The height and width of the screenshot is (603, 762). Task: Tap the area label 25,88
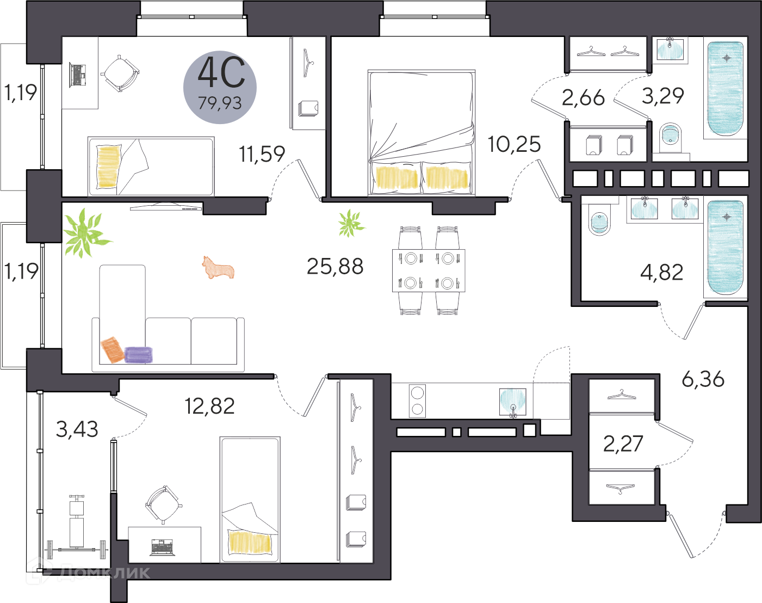(335, 266)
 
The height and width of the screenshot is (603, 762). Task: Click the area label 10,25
(514, 144)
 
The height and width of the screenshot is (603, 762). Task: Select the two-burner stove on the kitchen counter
(417, 401)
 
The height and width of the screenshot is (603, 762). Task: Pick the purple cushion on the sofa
(139, 354)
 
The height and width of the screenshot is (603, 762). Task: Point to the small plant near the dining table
(350, 223)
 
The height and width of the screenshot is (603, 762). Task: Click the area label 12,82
(210, 406)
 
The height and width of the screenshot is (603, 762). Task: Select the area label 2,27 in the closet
(623, 444)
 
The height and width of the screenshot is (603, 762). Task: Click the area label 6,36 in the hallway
(703, 379)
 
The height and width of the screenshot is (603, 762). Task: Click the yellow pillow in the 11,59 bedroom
(108, 166)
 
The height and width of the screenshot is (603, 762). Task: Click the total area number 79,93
(220, 102)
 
